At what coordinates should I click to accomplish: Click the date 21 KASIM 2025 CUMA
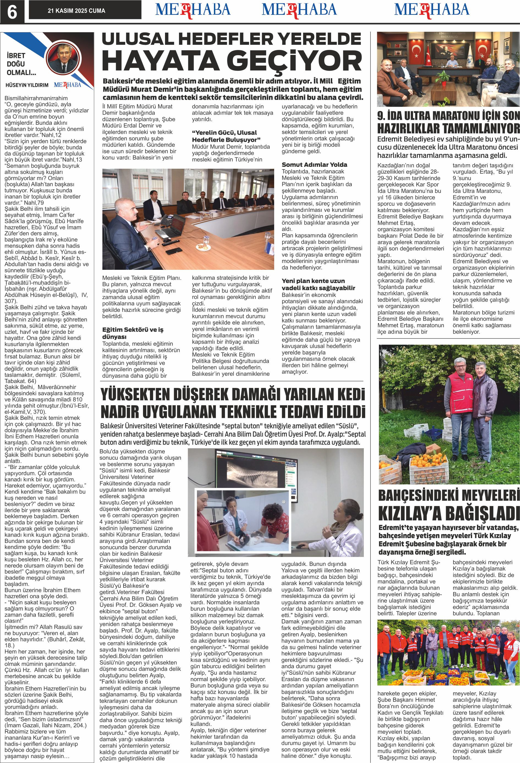76,11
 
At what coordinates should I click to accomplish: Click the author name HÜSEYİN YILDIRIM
27,85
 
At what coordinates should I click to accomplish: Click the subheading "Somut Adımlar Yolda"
314,165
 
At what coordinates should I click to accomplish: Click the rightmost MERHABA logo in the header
432,10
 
